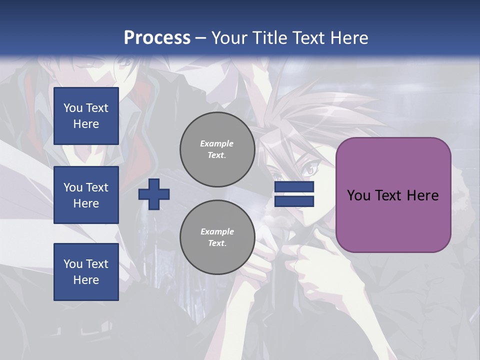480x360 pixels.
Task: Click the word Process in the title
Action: pyautogui.click(x=157, y=38)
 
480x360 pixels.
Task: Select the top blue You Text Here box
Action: pyautogui.click(x=86, y=116)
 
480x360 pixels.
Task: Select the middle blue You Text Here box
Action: pyautogui.click(x=86, y=195)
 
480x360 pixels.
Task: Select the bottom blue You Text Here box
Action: pyautogui.click(x=86, y=272)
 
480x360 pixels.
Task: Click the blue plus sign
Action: pyautogui.click(x=154, y=194)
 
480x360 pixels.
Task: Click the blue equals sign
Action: pyautogui.click(x=294, y=194)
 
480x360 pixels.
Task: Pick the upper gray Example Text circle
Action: pyautogui.click(x=217, y=149)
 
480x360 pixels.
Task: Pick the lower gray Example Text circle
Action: pyautogui.click(x=217, y=237)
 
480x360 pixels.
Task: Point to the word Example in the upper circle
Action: pyautogui.click(x=217, y=143)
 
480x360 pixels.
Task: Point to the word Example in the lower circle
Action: pyautogui.click(x=217, y=231)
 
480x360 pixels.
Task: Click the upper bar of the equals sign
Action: pyautogui.click(x=294, y=187)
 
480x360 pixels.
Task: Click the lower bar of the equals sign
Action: pyautogui.click(x=294, y=201)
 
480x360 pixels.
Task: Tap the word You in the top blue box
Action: pyautogui.click(x=73, y=108)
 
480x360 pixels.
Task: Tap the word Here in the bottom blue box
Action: pyautogui.click(x=86, y=280)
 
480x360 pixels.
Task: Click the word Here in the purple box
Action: pyautogui.click(x=422, y=195)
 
